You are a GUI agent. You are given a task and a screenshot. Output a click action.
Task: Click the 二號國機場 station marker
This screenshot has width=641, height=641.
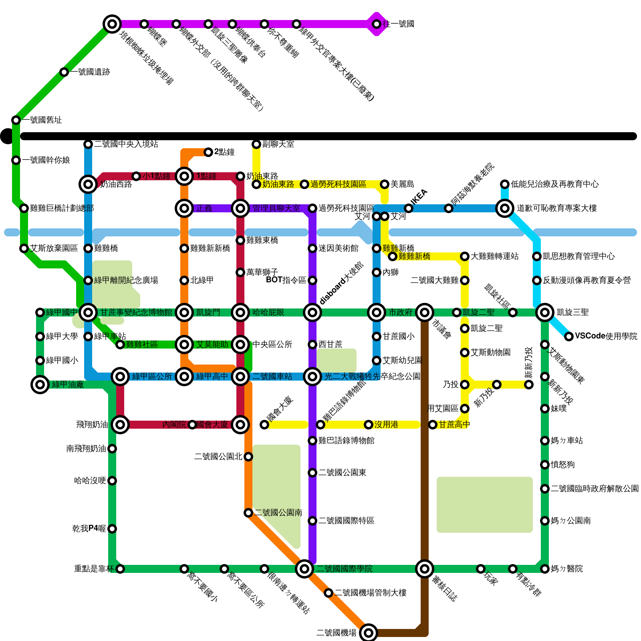tap(369, 633)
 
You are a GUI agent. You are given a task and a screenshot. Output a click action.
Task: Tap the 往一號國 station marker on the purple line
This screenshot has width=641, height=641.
tap(377, 24)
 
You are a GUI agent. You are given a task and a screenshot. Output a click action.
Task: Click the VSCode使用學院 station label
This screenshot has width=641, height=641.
tap(606, 336)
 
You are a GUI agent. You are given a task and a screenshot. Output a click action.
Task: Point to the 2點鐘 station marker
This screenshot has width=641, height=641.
tap(208, 152)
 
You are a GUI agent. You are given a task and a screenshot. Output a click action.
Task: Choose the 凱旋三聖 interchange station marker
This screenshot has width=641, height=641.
tap(545, 312)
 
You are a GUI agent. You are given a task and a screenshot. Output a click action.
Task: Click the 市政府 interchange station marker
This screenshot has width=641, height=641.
tap(377, 312)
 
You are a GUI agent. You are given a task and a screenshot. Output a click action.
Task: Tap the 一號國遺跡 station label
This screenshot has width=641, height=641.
tap(91, 72)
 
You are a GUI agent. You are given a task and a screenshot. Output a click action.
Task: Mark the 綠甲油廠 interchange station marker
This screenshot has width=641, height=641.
tap(40, 385)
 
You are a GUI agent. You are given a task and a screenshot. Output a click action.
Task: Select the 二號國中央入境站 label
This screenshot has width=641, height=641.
tap(126, 144)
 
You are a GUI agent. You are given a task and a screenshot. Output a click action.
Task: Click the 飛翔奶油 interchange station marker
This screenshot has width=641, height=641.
tap(120, 425)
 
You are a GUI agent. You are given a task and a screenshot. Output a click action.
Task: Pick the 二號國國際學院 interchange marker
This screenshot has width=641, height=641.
tap(304, 569)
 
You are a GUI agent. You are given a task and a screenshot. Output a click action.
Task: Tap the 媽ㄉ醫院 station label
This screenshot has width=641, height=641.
tap(566, 569)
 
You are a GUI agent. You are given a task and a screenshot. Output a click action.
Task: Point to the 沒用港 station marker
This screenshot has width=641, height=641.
tap(369, 425)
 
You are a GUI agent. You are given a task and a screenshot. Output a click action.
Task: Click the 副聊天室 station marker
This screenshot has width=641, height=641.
tap(256, 144)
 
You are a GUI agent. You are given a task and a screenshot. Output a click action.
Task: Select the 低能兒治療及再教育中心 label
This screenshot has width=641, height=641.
tap(554, 184)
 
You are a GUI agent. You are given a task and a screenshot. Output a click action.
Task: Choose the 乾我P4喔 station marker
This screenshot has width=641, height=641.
tap(112, 529)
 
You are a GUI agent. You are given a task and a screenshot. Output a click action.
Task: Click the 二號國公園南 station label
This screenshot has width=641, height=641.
tap(278, 513)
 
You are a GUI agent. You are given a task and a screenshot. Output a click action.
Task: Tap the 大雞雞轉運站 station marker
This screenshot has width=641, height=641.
tap(465, 256)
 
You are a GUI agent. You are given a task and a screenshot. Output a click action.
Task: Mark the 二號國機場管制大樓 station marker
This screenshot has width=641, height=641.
tap(329, 593)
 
